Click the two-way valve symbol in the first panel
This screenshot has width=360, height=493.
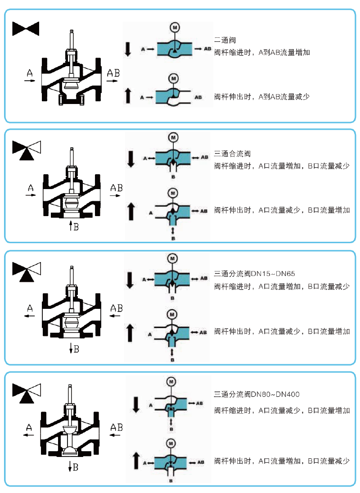[x=26, y=29]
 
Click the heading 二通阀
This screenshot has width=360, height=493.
[x=225, y=41]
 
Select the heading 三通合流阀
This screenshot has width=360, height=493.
[x=233, y=154]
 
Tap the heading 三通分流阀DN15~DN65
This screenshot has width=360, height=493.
[x=254, y=274]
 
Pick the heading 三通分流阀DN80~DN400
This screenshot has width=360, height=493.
[x=257, y=394]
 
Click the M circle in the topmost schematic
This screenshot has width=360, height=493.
[x=175, y=27]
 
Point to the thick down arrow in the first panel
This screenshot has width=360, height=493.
[x=128, y=49]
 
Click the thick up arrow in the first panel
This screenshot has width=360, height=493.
[x=128, y=95]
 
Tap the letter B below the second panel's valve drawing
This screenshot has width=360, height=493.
[x=76, y=227]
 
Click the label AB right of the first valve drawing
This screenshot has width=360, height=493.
[x=113, y=72]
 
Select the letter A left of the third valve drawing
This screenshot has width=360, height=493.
[x=30, y=308]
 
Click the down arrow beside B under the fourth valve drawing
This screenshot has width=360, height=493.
[x=71, y=467]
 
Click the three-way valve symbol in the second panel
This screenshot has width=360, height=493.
[x=27, y=150]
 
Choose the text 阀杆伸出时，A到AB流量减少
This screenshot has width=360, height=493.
[x=262, y=97]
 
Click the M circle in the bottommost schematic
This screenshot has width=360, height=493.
[x=171, y=443]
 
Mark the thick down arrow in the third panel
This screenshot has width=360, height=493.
[x=130, y=280]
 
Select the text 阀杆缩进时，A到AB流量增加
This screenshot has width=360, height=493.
[x=262, y=52]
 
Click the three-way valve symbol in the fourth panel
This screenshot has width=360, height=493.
[x=27, y=392]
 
